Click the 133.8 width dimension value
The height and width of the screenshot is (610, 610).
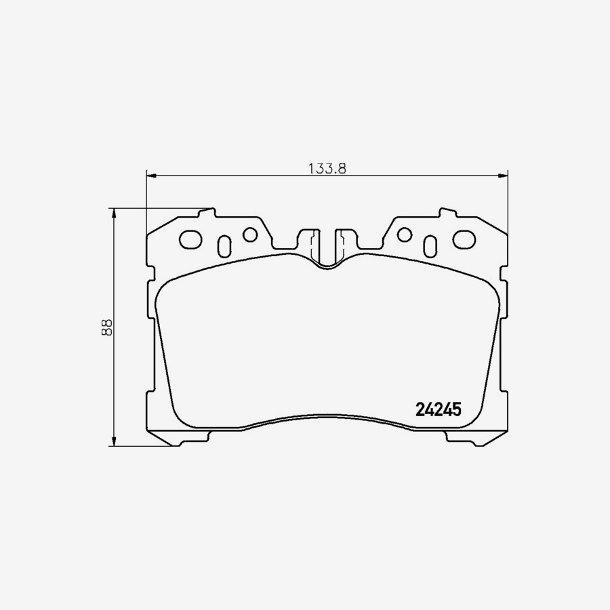[327, 169]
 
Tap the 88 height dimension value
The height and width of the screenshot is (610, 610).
[106, 327]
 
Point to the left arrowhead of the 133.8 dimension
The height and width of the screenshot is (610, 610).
[151, 177]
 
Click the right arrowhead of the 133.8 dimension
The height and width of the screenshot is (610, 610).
[504, 177]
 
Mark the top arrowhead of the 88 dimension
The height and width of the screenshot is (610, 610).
[114, 212]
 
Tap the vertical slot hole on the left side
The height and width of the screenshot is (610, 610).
[225, 245]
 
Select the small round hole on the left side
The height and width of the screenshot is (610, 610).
[250, 235]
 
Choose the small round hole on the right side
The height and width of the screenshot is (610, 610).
[405, 235]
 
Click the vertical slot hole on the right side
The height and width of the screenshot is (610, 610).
[430, 245]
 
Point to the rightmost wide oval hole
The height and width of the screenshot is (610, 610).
[465, 239]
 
